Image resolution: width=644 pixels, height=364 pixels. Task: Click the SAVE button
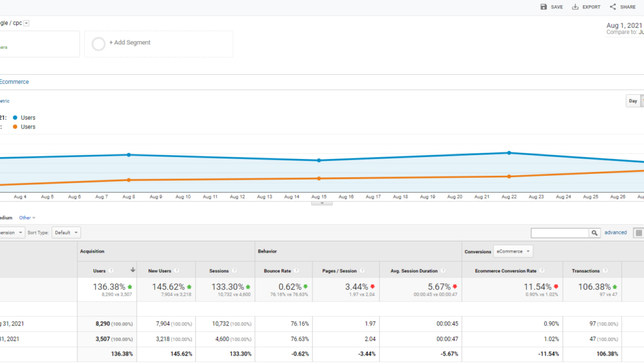pos(551,7)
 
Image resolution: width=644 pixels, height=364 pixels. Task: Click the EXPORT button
pos(586,7)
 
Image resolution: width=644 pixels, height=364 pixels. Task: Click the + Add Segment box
pos(158,43)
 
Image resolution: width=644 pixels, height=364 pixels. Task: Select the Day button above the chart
pos(633,101)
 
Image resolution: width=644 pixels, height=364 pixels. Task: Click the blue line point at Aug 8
pos(129,155)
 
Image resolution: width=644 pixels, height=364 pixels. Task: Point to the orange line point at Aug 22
pos(509,177)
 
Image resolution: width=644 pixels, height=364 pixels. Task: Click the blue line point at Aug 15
pos(319,160)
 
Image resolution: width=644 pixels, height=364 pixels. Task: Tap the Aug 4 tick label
pos(20,196)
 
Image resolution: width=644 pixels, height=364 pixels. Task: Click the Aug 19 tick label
pos(428,196)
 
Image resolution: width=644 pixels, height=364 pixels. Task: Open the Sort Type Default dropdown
pos(67,233)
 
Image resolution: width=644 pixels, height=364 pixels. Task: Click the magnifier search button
pos(594,233)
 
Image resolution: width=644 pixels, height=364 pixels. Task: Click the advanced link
pos(615,233)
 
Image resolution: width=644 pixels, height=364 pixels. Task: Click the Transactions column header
pos(585,271)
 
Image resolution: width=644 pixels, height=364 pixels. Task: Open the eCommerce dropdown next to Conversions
pos(513,251)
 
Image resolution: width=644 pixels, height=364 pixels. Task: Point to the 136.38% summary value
pos(108,287)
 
